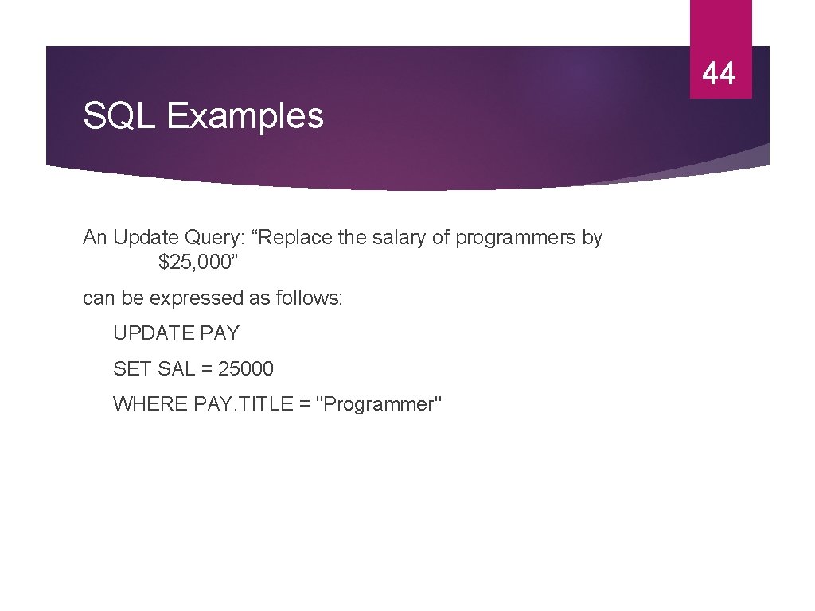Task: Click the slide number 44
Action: pos(719,74)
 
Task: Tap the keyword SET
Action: pos(131,368)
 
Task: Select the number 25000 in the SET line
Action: pos(246,368)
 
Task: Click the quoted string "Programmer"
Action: pos(379,404)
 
